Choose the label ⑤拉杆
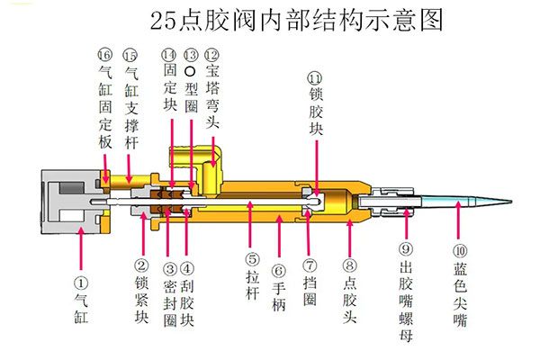pyautogui.click(x=253, y=277)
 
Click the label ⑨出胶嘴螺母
pyautogui.click(x=406, y=297)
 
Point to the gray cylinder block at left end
pyautogui.click(x=67, y=198)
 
